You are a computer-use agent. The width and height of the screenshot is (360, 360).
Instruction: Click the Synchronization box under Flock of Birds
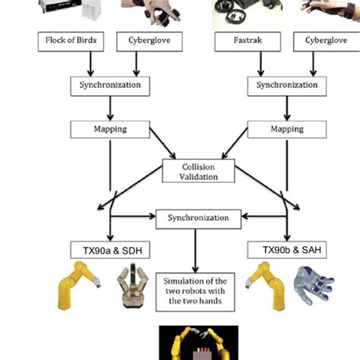pos(110,85)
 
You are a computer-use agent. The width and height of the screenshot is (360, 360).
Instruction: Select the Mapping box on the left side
pos(110,129)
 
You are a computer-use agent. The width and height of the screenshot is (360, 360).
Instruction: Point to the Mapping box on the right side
pos(286,129)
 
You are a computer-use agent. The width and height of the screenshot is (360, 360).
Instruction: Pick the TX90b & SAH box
pos(286,249)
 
